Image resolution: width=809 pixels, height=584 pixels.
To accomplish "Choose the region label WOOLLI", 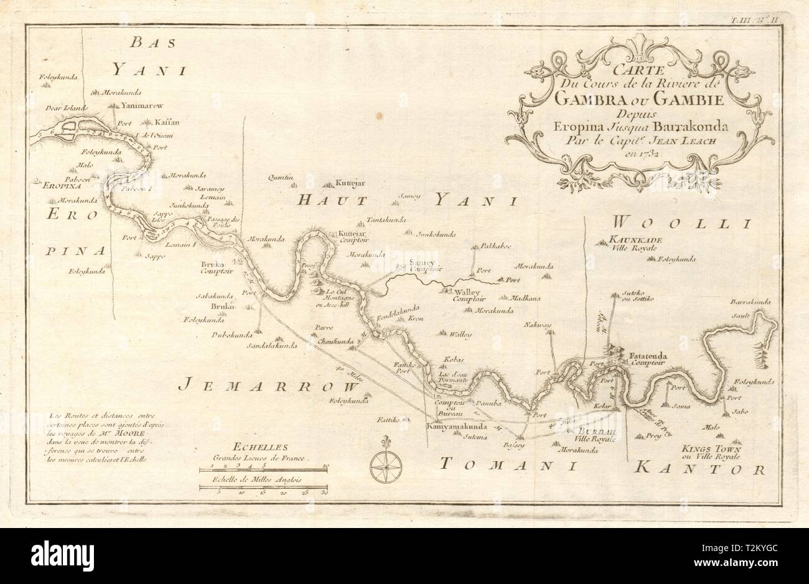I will coord(683,222).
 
